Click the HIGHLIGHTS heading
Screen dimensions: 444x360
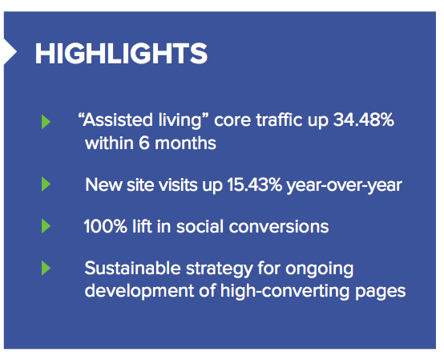click(121, 53)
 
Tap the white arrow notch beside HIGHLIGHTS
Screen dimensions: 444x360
click(10, 52)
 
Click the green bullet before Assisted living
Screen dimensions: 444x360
click(46, 122)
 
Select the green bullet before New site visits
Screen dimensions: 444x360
click(46, 184)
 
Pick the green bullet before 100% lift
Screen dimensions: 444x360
click(46, 226)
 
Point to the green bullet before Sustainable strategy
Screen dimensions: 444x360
click(46, 268)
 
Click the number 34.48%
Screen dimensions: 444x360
click(364, 119)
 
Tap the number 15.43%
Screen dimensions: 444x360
click(255, 184)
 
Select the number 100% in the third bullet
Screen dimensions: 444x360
click(106, 227)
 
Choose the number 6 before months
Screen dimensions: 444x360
click(144, 143)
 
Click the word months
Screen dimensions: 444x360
click(185, 143)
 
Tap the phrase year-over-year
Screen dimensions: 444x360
click(345, 185)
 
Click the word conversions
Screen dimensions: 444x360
click(279, 227)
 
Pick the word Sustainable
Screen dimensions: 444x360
click(133, 268)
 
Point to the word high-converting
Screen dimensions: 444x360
click(285, 292)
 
